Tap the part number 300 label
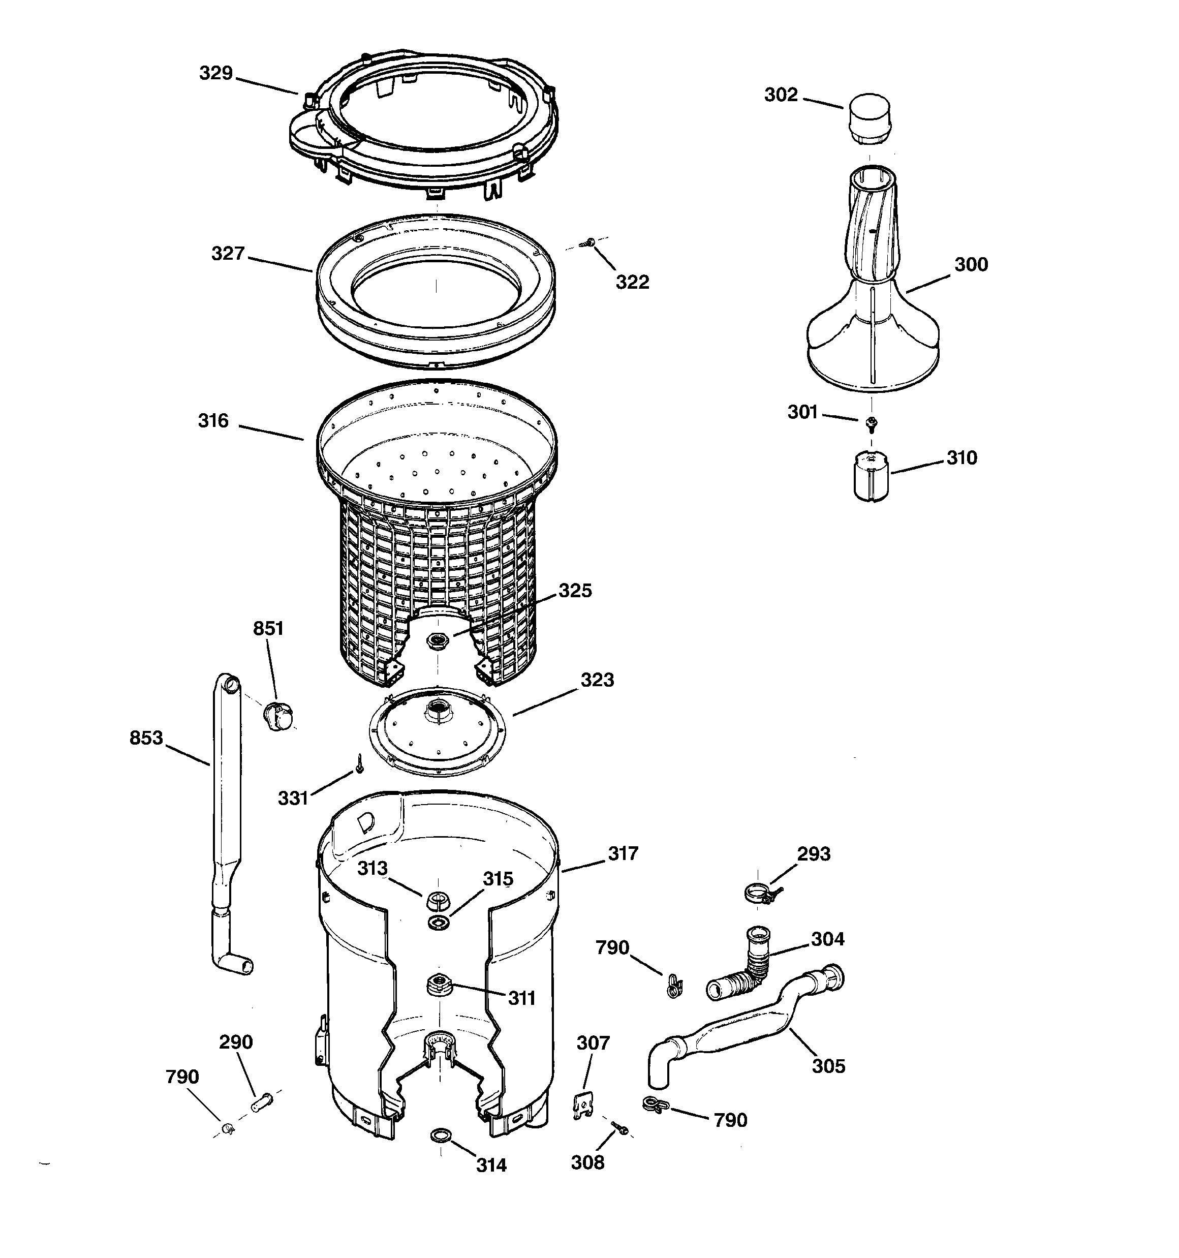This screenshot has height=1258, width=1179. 971,264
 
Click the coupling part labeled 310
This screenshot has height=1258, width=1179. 871,476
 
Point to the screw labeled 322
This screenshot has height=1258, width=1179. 591,242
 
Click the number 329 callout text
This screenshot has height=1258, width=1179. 216,73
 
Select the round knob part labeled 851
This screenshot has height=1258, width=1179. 278,715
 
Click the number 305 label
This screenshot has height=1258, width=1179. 828,1066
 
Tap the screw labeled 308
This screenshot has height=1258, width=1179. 619,1128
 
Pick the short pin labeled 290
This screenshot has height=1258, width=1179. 261,1102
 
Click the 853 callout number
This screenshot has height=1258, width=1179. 146,738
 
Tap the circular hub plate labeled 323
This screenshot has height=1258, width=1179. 437,731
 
